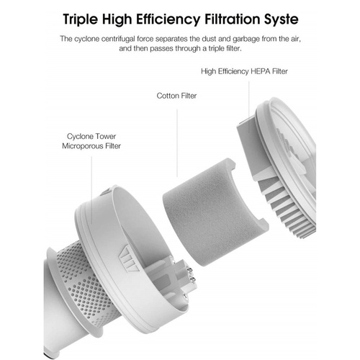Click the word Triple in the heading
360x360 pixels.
tap(81, 19)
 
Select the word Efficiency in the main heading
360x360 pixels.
tap(168, 19)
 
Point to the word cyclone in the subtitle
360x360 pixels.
tap(87, 39)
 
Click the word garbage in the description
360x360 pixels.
tap(246, 40)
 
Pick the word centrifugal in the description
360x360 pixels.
tap(119, 39)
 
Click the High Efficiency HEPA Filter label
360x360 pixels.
tap(244, 71)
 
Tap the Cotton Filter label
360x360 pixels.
tap(176, 96)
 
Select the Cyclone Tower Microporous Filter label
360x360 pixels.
tap(91, 141)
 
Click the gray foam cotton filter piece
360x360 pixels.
tap(214, 214)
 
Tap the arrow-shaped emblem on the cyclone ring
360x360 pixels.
tap(129, 258)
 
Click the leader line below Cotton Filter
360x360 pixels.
tap(177, 143)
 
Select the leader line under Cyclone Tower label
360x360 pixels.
tap(91, 190)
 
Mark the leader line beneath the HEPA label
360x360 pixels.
tap(249, 107)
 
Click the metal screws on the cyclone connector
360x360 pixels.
tap(192, 275)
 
